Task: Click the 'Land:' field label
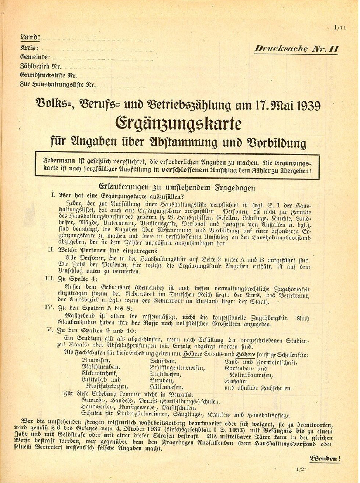(30, 37)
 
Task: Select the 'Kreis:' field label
(29, 48)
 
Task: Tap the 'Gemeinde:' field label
(35, 57)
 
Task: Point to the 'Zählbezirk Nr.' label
(41, 66)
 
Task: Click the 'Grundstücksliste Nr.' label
(48, 76)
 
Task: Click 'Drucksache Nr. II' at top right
(296, 49)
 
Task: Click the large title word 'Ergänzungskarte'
(179, 124)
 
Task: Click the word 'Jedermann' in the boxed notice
(59, 162)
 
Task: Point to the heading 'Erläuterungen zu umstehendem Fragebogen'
(177, 187)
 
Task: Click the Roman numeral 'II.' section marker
(51, 250)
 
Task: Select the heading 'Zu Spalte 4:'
(78, 279)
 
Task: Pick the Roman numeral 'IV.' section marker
(49, 307)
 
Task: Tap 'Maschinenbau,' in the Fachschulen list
(101, 367)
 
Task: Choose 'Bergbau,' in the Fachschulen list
(161, 380)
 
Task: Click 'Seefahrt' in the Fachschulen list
(236, 381)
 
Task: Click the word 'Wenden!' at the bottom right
(325, 459)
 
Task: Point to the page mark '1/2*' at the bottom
(301, 469)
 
